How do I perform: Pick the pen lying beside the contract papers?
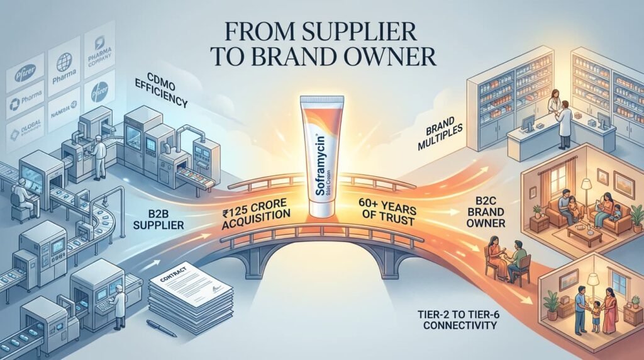[162, 327]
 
